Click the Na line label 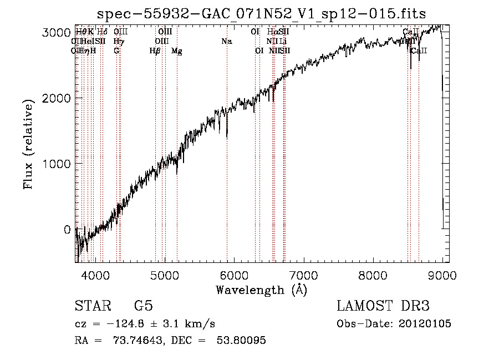(x=226, y=41)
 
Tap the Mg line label (x=176, y=51)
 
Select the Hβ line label (x=155, y=51)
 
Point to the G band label (x=116, y=51)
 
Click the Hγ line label (x=118, y=41)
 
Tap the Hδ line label (x=102, y=32)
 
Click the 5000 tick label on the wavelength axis (x=164, y=276)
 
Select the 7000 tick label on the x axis (x=303, y=276)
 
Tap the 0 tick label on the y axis (x=67, y=230)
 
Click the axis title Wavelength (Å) (x=261, y=290)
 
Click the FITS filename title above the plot (x=262, y=13)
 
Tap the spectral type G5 (x=144, y=306)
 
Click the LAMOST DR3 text (x=383, y=306)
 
